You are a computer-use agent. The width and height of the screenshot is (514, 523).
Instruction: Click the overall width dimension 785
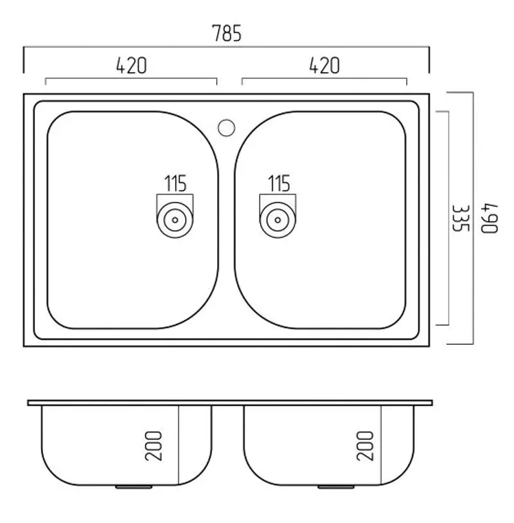click(227, 33)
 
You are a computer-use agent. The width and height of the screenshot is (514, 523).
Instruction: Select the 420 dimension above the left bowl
click(131, 66)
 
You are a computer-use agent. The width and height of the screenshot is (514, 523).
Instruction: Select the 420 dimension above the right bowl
click(324, 66)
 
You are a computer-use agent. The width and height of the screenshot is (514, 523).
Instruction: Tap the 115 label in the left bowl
click(175, 183)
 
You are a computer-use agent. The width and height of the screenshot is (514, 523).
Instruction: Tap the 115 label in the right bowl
click(279, 183)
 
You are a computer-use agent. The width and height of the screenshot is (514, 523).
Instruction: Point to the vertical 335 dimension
click(461, 218)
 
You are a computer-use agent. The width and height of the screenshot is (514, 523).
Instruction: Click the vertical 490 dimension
click(489, 218)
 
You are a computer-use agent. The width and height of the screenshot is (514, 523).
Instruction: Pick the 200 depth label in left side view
click(154, 446)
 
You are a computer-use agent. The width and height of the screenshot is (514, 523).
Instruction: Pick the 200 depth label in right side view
click(365, 446)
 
